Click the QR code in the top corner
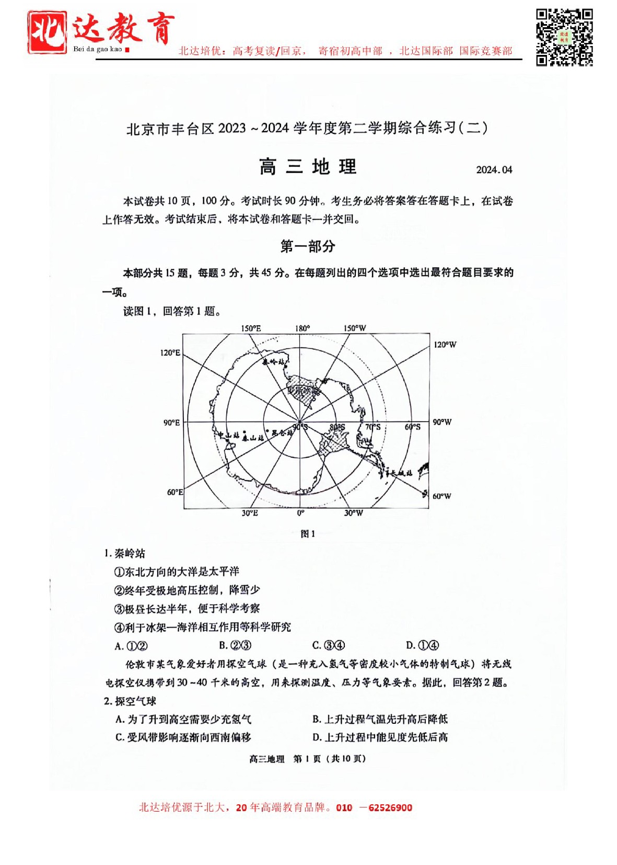[x=564, y=37]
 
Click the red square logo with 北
[x=47, y=32]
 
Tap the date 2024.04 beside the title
[x=494, y=169]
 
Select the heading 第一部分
[x=308, y=246]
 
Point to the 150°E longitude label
[x=251, y=328]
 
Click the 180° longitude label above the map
[x=302, y=328]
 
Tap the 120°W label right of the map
[x=445, y=345]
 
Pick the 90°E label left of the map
[x=171, y=423]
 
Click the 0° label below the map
[x=300, y=513]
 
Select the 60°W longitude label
[x=441, y=496]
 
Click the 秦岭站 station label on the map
[x=274, y=362]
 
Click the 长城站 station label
[x=402, y=473]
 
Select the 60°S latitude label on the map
[x=412, y=427]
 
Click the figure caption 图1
[x=308, y=534]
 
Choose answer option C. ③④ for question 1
[x=329, y=645]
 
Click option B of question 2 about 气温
[x=380, y=719]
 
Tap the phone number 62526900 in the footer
[x=390, y=807]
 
